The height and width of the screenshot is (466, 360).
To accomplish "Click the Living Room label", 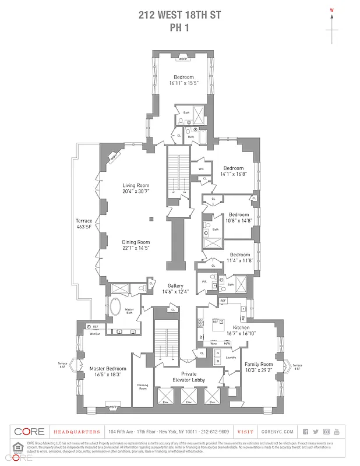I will point(136,185).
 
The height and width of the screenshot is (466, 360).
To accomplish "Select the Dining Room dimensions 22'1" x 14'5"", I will point(136,248).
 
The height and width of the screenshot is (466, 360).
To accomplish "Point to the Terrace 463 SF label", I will point(84,224).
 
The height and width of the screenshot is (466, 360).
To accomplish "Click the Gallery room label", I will point(176,286).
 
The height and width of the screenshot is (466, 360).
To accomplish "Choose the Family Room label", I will point(258,364).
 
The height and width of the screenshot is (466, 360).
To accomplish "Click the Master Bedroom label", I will point(108,368).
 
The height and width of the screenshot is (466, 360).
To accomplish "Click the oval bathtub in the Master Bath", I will point(114,306).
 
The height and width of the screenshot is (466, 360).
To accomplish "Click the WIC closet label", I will point(201,170).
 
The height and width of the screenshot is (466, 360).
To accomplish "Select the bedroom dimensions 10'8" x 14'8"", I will point(239,221).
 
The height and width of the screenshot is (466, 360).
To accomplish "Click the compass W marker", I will point(332,10).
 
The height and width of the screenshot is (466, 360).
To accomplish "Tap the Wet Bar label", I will point(94,334).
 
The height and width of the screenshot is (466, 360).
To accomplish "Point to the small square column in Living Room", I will point(150,219).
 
